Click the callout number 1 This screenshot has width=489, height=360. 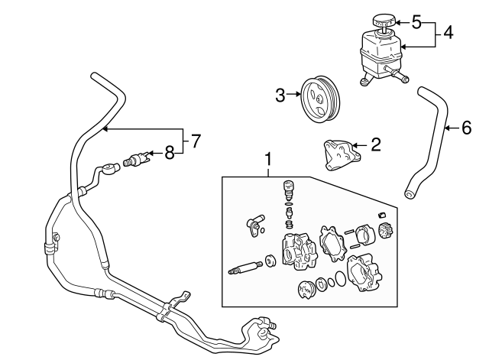(x=268, y=159)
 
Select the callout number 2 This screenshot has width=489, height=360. (x=375, y=143)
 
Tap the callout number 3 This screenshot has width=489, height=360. (x=280, y=96)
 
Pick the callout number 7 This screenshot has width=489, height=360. (x=196, y=141)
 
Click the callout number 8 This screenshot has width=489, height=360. (x=169, y=153)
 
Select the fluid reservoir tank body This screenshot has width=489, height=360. (x=377, y=54)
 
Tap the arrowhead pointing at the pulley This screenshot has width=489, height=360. (x=293, y=96)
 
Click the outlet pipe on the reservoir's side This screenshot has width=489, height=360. (x=397, y=75)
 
